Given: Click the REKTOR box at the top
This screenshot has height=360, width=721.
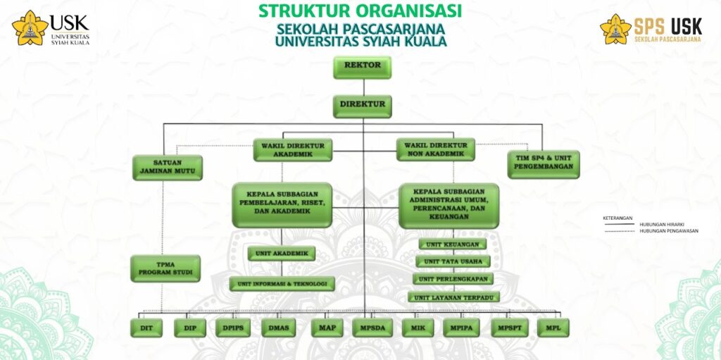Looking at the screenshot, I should (x=363, y=66).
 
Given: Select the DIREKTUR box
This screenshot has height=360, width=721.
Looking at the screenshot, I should (x=363, y=105).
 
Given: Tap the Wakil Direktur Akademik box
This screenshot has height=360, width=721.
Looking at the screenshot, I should (x=292, y=149).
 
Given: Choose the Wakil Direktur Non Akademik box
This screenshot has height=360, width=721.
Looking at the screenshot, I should (x=434, y=149).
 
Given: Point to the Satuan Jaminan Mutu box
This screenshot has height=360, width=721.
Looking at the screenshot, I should (x=168, y=166).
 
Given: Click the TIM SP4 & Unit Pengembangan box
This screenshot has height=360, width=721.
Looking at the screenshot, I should (x=544, y=163).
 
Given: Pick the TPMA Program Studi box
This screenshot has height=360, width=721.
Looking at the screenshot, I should (x=165, y=268).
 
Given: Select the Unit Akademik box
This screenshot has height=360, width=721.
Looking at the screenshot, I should (x=282, y=254).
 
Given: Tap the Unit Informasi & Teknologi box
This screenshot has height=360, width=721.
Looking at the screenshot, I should (x=282, y=284).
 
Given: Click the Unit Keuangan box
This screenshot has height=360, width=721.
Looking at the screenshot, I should (x=453, y=244).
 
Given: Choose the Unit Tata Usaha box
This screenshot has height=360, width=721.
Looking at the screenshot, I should (x=453, y=261).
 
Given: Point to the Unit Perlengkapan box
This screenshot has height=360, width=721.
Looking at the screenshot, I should (x=453, y=279).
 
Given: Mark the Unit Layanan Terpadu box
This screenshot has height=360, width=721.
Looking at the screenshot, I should (x=453, y=297).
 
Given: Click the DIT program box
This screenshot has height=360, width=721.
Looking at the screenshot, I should (x=146, y=328).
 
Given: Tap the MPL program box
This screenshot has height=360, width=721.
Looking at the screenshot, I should (x=553, y=328).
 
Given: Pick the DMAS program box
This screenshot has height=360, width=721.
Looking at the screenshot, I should (x=278, y=328).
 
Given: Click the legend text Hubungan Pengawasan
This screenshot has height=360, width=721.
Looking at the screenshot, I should (x=669, y=230).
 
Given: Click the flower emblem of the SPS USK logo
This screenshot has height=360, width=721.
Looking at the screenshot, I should (x=615, y=30).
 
